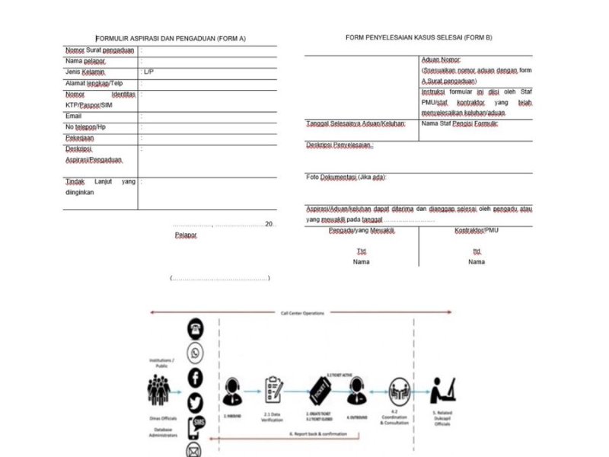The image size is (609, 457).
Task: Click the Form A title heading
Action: pos(171,38)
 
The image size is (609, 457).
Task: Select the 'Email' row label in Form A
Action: pos(73,116)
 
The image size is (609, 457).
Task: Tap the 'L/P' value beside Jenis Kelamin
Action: pos(148,72)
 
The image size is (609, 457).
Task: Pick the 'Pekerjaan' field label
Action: pos(80,139)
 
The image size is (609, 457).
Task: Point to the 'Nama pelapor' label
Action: pos(85,60)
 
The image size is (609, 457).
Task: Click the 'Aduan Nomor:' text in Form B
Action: pos(442,59)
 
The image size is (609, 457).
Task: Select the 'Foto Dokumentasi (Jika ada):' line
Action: pos(346,177)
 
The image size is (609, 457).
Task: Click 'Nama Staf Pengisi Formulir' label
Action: pos(459,123)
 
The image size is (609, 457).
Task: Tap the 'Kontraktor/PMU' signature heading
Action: pos(477,230)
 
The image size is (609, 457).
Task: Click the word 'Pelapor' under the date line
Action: pos(186,235)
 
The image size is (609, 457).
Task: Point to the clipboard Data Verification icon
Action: pos(273,390)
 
